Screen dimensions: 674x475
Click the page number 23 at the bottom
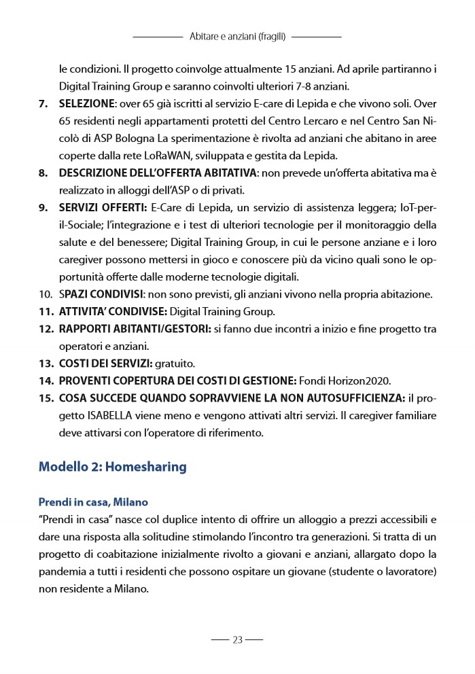pyautogui.click(x=237, y=639)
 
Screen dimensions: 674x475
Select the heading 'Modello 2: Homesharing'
pyautogui.click(x=112, y=467)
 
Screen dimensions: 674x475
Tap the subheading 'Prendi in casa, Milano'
pyautogui.click(x=93, y=502)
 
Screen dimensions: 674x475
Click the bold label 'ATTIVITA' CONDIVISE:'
pyautogui.click(x=112, y=311)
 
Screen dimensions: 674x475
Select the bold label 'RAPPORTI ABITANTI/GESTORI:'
pyautogui.click(x=135, y=329)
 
